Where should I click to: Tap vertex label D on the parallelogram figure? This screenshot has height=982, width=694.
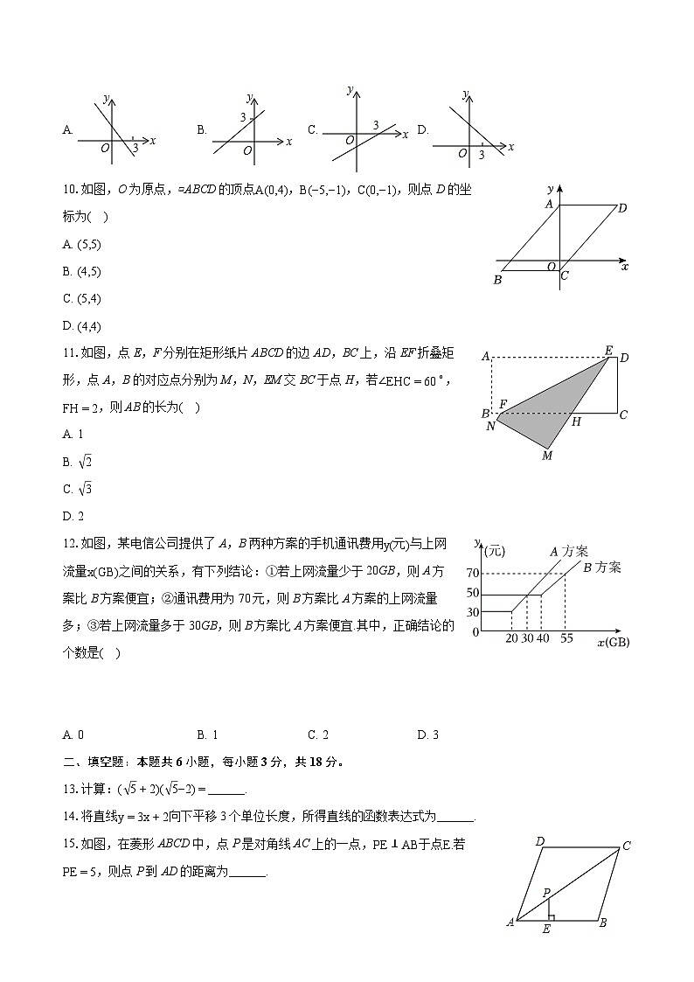(621, 208)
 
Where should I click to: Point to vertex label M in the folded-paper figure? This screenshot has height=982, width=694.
(547, 455)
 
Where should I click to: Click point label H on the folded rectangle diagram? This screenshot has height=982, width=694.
(576, 421)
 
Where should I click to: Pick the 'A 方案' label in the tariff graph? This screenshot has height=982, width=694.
(568, 551)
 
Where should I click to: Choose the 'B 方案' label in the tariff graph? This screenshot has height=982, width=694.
(601, 568)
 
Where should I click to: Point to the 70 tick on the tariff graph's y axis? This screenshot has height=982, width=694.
(473, 574)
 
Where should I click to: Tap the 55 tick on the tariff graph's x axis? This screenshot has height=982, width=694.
(566, 639)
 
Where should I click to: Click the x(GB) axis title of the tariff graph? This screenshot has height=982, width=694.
(613, 643)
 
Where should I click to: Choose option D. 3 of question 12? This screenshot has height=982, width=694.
(427, 735)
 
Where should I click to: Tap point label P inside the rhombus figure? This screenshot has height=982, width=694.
(546, 893)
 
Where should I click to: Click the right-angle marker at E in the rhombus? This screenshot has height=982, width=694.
(552, 916)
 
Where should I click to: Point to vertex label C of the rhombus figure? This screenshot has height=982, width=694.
(627, 846)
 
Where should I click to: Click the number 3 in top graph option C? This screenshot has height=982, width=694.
(376, 125)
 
